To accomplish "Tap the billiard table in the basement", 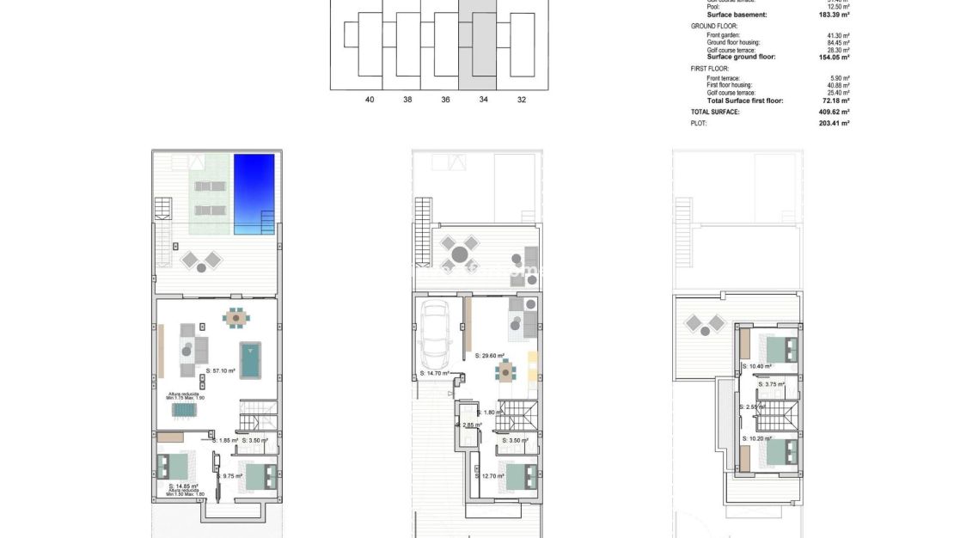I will pyautogui.click(x=250, y=361).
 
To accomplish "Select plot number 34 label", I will pyautogui.click(x=484, y=100).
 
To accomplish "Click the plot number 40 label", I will pyautogui.click(x=370, y=100).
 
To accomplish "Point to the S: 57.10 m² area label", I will pyautogui.click(x=221, y=371).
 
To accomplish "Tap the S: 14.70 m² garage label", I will pyautogui.click(x=435, y=374).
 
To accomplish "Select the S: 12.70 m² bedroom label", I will pyautogui.click(x=490, y=475).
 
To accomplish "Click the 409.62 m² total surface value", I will pyautogui.click(x=834, y=112).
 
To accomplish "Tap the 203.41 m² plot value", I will pyautogui.click(x=834, y=123).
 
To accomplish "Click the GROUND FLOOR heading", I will pyautogui.click(x=709, y=26).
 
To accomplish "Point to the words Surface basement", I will pyautogui.click(x=737, y=15).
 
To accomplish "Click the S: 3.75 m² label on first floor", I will pyautogui.click(x=775, y=384).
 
